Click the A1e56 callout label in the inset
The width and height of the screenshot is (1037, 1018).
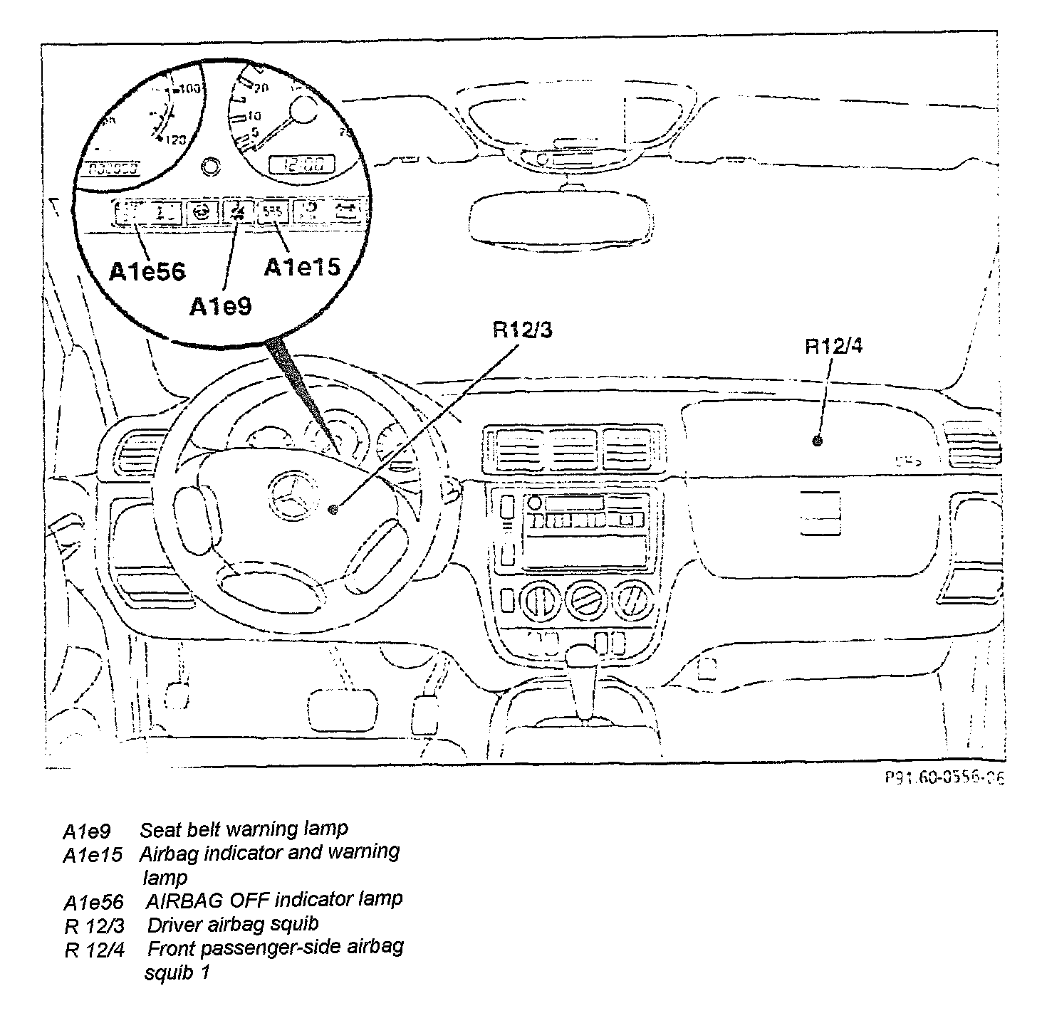click(147, 271)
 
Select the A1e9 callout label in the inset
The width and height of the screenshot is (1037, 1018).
click(220, 306)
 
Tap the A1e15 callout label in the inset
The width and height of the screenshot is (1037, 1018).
click(302, 267)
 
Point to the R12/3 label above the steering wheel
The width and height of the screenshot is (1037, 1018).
click(522, 330)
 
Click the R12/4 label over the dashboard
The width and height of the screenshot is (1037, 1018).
click(834, 347)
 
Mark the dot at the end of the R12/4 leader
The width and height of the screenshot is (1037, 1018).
click(817, 441)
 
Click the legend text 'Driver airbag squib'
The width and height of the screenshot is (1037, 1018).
click(233, 924)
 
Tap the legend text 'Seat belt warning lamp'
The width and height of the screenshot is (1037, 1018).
click(244, 829)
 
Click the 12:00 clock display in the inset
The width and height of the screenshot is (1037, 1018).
click(301, 166)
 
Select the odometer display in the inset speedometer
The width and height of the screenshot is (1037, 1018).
click(113, 169)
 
